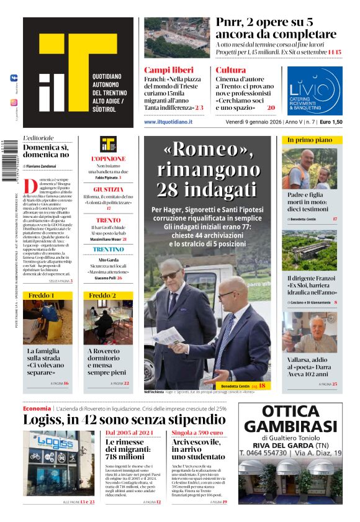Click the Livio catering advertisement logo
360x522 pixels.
314,91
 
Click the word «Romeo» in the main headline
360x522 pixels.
209,150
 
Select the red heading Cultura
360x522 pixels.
231,70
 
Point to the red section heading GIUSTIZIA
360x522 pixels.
107,189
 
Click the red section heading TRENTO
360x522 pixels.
108,220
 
